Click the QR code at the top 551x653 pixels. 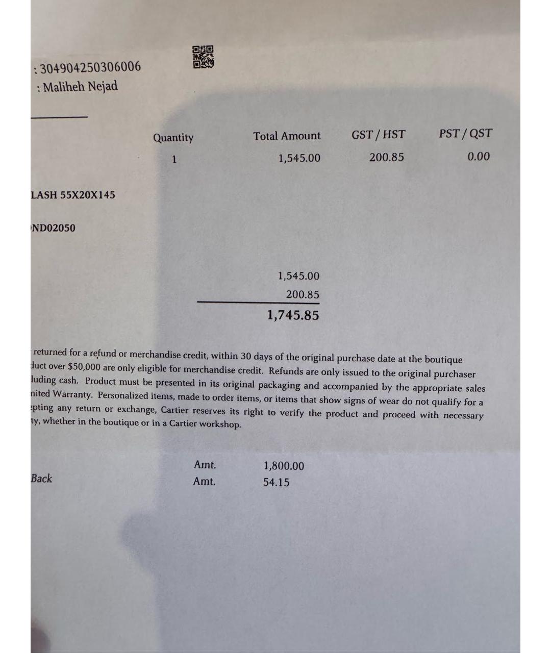(x=203, y=57)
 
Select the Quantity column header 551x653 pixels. (x=173, y=138)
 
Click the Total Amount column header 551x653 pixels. (x=287, y=136)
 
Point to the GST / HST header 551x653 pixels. (x=378, y=135)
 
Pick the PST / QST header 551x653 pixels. (x=465, y=134)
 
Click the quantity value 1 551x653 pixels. (x=174, y=159)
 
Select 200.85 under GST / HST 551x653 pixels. (x=386, y=157)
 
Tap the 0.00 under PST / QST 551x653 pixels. (x=478, y=157)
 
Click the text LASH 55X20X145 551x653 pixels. (x=73, y=195)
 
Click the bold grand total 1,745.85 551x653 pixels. (x=293, y=315)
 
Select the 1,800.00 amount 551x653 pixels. (x=284, y=466)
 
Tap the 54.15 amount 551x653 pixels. (x=276, y=482)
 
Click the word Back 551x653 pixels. (x=41, y=479)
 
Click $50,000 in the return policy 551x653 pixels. (x=84, y=367)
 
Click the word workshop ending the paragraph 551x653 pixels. (x=220, y=424)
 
